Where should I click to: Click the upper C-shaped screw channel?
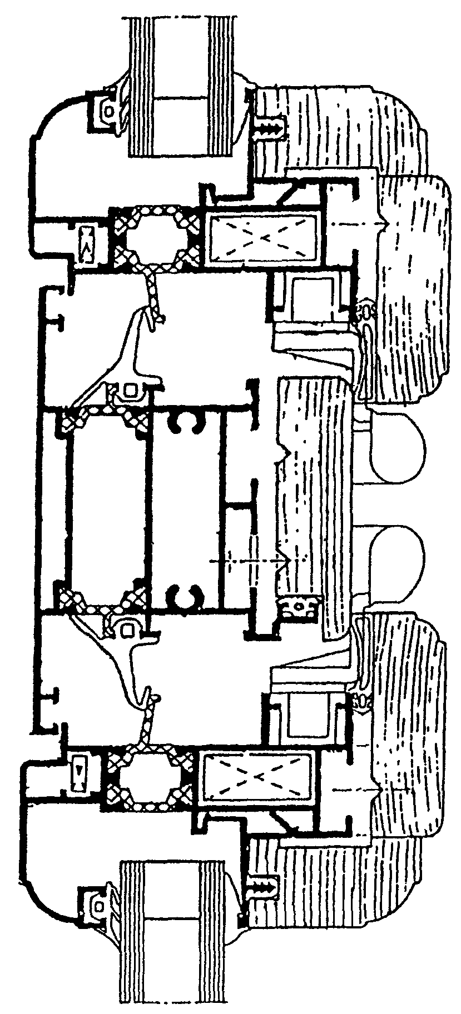coord(187,422)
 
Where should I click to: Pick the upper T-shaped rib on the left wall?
coord(56,321)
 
